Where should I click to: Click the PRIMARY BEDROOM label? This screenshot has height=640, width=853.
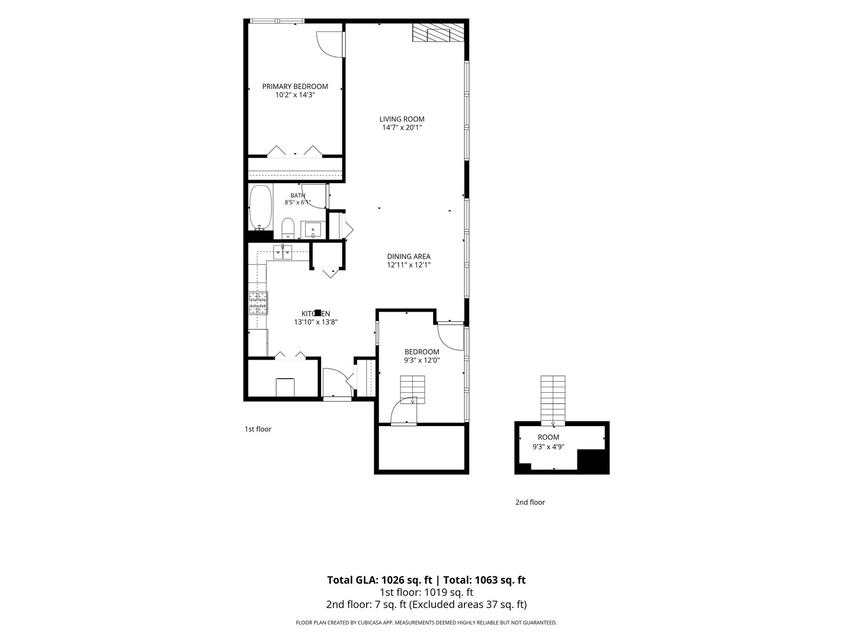point(295,87)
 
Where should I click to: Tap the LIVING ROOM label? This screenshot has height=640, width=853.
point(402,119)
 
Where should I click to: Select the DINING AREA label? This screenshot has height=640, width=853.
point(409,257)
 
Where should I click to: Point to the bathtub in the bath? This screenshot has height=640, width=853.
point(261,208)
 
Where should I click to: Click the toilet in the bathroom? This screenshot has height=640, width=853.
point(287,228)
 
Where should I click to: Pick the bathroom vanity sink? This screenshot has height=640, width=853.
point(313,230)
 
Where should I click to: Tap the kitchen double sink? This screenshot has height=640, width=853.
point(283,252)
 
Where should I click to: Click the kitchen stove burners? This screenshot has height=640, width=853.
point(258,303)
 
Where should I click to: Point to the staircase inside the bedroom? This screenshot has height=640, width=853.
point(413,389)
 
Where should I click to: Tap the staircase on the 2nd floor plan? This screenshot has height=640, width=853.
point(553,400)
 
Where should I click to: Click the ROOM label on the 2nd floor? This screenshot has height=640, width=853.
point(549,437)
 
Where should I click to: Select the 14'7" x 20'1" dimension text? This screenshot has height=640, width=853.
point(402,127)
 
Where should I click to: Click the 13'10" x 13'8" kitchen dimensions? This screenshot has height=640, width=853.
point(316,322)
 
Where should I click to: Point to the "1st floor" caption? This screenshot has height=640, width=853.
point(258,429)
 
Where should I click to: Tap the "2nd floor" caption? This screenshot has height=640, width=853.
point(530,502)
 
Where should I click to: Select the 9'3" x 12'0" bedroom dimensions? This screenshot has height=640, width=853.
point(422,360)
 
